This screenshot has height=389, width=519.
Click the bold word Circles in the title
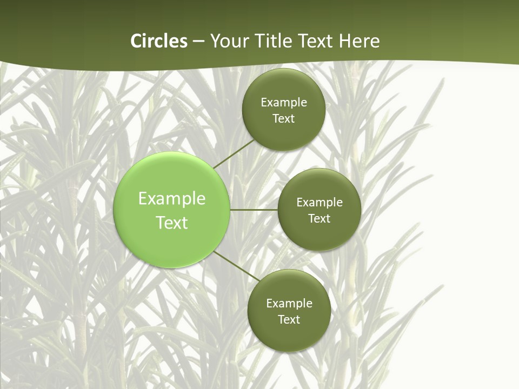159,41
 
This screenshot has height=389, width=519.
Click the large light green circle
171,173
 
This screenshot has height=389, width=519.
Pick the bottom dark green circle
289,338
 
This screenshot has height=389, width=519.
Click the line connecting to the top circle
234,153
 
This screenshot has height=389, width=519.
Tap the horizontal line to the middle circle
254,209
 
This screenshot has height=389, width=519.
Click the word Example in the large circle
171,199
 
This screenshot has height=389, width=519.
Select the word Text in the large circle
171,223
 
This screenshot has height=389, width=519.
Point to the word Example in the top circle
283,103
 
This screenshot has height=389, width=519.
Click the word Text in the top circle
283,119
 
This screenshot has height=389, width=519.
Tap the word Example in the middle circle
319,203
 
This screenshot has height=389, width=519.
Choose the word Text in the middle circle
319,219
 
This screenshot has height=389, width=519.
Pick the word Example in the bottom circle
289,304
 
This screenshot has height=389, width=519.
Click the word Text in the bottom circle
289,320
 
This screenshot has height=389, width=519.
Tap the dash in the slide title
198,42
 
